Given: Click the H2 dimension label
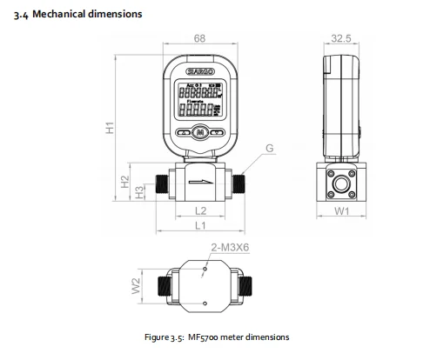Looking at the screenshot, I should tap(124, 182).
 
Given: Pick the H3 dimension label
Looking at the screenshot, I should tap(139, 190).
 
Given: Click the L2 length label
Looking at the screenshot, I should tap(199, 210).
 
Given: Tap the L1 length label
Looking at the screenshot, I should tap(199, 225).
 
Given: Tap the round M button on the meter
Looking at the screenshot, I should tap(200, 133).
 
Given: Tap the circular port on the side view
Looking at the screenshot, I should tap(340, 183).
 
